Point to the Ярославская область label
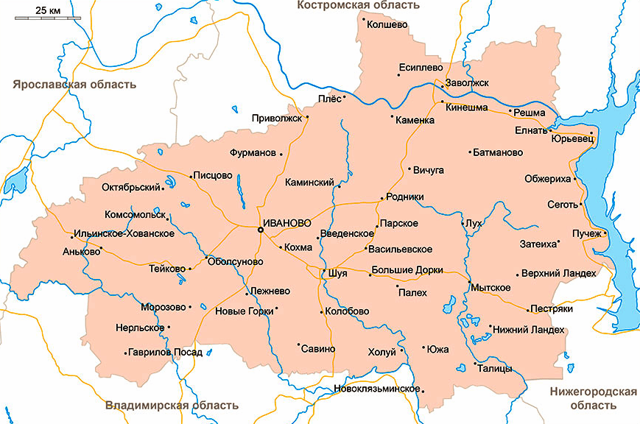point(74,84)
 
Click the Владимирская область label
point(172,405)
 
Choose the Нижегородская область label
point(593,398)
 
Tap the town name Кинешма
point(467,108)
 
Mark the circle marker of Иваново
point(260,230)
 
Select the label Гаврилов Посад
point(165,353)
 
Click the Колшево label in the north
point(387,24)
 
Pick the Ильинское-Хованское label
point(124,233)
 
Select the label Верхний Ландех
point(558,273)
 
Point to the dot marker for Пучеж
point(605,234)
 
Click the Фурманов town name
point(250,154)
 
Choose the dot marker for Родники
point(380,198)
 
